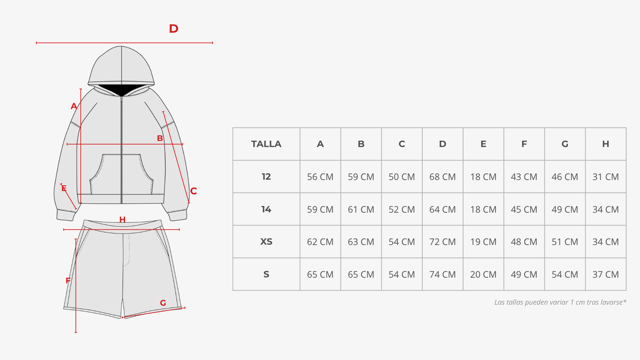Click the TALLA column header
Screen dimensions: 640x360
coord(266,144)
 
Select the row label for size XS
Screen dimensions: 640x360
coord(266,242)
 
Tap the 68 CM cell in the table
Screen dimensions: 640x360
coord(442,177)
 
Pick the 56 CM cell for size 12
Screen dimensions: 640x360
coord(320,177)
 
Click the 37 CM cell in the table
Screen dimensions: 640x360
coord(605,275)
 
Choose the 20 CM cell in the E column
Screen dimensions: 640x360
coord(483,275)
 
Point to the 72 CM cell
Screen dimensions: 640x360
coord(442,242)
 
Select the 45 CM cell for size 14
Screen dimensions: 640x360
coord(524,210)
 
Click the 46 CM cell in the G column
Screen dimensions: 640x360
coord(565,177)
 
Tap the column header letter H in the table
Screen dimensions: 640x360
coord(605,144)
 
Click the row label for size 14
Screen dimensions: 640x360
coord(266,210)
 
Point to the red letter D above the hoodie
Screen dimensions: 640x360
coord(174,29)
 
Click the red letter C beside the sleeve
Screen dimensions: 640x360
coord(194,191)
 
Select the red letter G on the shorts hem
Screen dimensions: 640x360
coord(163,303)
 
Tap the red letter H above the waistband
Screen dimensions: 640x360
coord(122,219)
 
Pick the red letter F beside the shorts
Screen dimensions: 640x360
coord(68,281)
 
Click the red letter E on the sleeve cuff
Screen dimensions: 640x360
coord(64,189)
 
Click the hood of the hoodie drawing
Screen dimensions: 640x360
coord(121,66)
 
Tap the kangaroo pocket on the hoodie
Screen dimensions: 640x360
coord(122,174)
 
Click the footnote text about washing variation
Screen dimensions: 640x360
coord(561,302)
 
